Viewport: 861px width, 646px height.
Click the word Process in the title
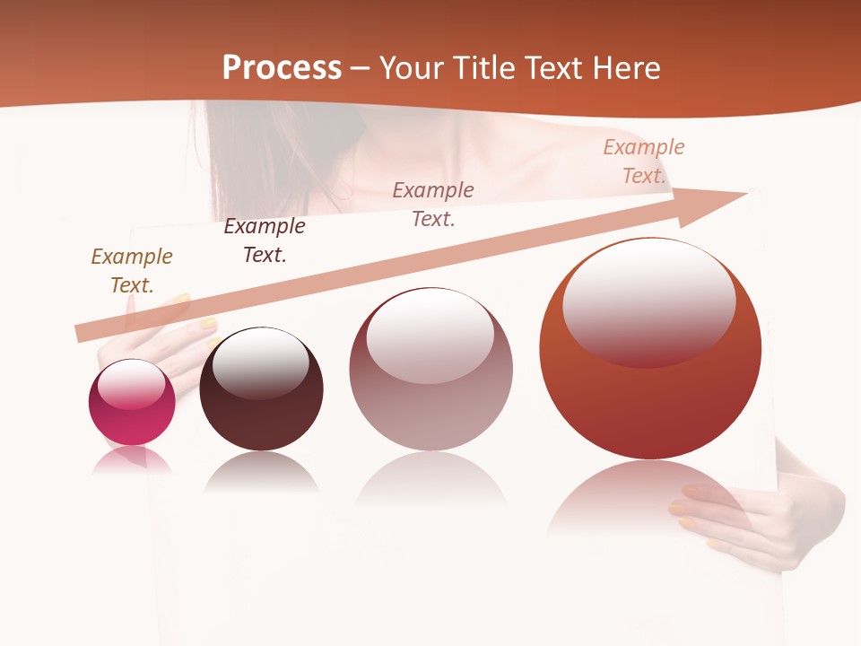282,68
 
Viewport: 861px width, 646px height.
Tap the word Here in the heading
623,68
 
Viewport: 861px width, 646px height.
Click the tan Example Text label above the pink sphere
132,271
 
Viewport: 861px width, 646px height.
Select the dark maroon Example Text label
265,240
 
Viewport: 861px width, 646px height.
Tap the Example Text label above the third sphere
433,204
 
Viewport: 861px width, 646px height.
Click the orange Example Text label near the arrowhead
644,161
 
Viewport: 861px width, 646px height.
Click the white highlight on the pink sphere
131,384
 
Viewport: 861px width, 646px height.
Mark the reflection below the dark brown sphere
261,473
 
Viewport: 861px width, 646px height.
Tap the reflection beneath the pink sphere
132,460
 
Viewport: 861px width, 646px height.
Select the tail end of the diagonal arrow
85,332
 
